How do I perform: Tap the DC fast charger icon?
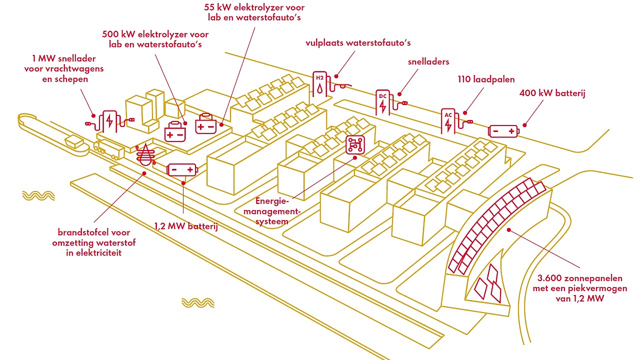click(x=383, y=102)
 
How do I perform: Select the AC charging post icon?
click(x=448, y=120)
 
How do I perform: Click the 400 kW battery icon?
click(x=503, y=131)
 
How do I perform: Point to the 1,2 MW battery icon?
click(x=182, y=170)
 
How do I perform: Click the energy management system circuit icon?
click(x=356, y=144)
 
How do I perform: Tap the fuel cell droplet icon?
click(x=145, y=154)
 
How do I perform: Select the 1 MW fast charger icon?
click(x=109, y=120)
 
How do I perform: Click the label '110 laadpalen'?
click(x=486, y=79)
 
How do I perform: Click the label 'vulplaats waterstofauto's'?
click(x=358, y=43)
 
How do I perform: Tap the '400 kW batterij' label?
click(x=552, y=93)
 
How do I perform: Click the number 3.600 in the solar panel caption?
click(x=553, y=278)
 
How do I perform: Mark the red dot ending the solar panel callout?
click(x=508, y=230)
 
